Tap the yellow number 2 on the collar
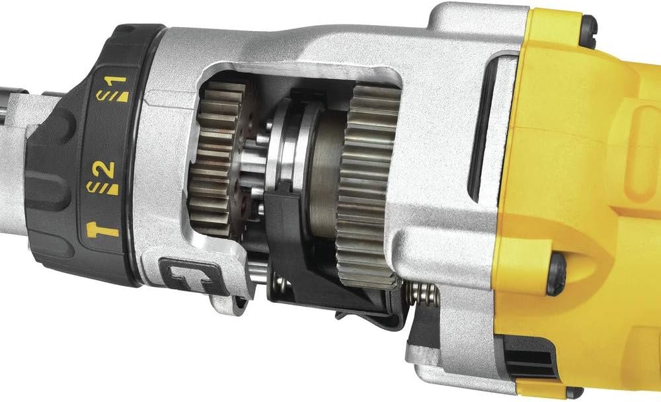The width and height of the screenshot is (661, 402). (x=109, y=170)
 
